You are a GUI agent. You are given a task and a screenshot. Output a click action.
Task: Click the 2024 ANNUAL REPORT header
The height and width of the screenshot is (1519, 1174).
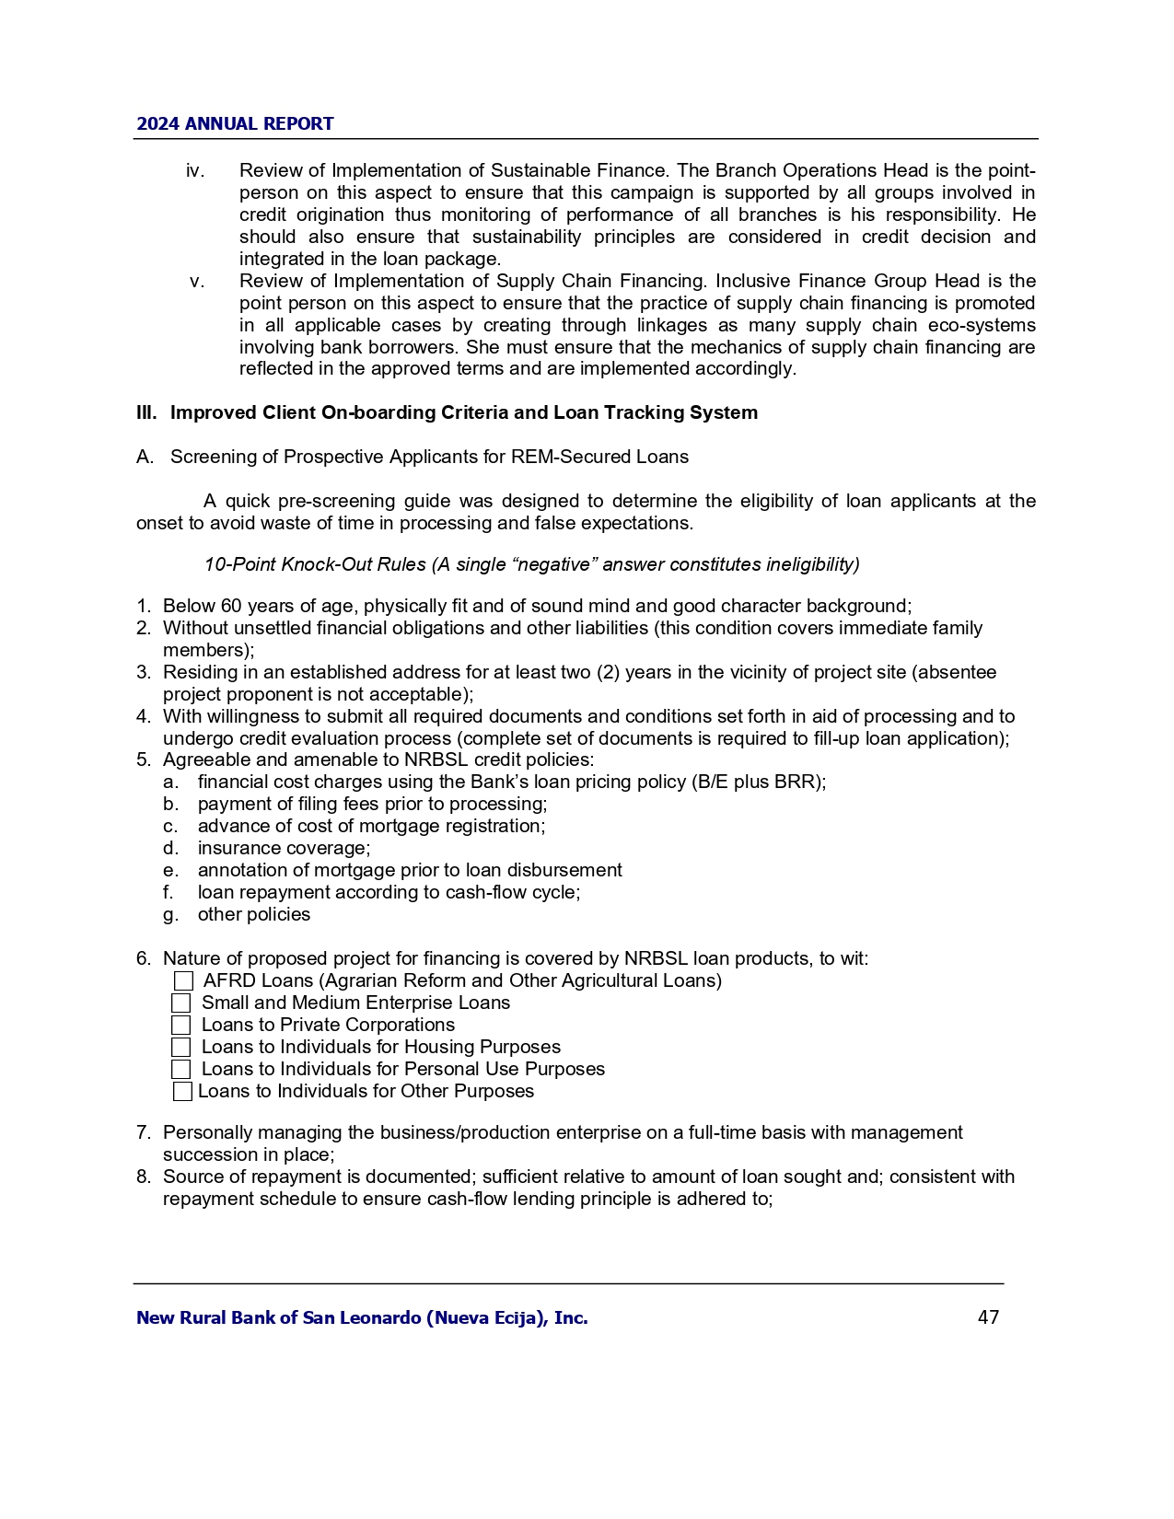pyautogui.click(x=235, y=124)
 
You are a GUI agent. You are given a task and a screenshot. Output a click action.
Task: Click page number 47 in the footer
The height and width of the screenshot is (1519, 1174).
pyautogui.click(x=988, y=1317)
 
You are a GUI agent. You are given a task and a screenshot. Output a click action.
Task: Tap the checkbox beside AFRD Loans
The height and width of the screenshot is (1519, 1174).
pyautogui.click(x=183, y=981)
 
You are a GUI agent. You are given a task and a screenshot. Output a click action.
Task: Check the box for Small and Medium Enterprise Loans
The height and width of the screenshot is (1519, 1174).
pyautogui.click(x=181, y=1003)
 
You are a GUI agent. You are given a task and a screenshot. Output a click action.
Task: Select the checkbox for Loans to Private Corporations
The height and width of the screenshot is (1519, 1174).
pyautogui.click(x=181, y=1026)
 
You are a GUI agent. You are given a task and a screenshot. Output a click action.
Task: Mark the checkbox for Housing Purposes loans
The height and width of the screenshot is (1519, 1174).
pyautogui.click(x=181, y=1048)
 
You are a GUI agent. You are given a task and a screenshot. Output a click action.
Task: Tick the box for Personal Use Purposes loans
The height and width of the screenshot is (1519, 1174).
pyautogui.click(x=181, y=1070)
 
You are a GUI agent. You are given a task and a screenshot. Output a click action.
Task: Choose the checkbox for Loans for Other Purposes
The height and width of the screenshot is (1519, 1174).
pyautogui.click(x=182, y=1092)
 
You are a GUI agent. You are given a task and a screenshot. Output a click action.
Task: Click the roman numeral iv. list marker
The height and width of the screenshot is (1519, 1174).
pyautogui.click(x=194, y=171)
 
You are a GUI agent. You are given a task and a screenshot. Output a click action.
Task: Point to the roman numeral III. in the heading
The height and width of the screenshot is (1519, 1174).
pyautogui.click(x=146, y=413)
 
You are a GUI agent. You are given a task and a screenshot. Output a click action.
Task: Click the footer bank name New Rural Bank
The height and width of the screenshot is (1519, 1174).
pyautogui.click(x=362, y=1318)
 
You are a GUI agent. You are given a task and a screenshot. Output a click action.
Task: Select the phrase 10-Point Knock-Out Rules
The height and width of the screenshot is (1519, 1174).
pyautogui.click(x=315, y=564)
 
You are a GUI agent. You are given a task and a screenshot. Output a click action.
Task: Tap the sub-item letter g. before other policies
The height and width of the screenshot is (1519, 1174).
pyautogui.click(x=170, y=915)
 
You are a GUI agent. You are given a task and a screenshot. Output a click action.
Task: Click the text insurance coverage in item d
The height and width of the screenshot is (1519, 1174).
pyautogui.click(x=284, y=849)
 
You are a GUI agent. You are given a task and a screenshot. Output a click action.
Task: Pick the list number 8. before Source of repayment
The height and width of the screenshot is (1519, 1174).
pyautogui.click(x=144, y=1177)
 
